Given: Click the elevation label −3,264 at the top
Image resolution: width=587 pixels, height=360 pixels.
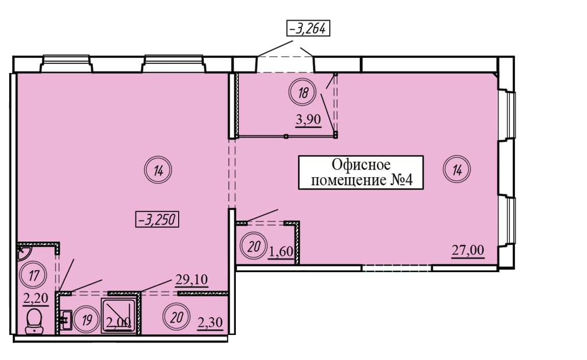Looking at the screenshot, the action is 308,28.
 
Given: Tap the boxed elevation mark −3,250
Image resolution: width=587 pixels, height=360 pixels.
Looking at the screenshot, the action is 157,220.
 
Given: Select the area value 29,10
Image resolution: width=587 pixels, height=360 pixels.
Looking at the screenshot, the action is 191,279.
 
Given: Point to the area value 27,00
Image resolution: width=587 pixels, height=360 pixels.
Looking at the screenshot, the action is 468,250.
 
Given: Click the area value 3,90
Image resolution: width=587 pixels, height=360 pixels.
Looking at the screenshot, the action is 308,119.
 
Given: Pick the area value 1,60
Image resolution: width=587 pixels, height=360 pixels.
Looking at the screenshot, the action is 281,251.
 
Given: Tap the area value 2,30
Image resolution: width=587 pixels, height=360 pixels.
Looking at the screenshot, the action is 210,322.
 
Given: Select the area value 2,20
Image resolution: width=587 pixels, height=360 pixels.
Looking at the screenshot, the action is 36,298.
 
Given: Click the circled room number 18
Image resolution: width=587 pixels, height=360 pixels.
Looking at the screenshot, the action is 303,92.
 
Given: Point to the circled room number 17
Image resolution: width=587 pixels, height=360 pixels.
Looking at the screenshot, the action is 34,275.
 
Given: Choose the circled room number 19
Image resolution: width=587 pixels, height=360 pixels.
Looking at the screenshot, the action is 86,320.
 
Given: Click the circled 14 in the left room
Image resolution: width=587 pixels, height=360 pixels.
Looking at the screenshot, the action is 158,171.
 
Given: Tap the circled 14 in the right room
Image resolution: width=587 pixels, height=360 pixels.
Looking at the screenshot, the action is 457,170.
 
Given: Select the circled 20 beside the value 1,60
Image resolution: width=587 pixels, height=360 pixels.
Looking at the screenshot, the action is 254,247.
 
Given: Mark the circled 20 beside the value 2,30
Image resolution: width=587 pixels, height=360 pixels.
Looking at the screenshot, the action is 176,318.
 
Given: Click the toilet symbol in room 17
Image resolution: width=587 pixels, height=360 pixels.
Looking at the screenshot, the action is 34,321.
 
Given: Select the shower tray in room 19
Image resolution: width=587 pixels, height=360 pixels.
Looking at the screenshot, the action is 117,316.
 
